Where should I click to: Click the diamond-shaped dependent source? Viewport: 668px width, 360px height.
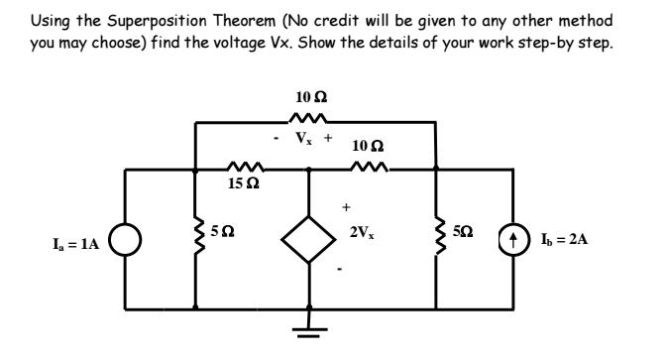click(309, 239)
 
